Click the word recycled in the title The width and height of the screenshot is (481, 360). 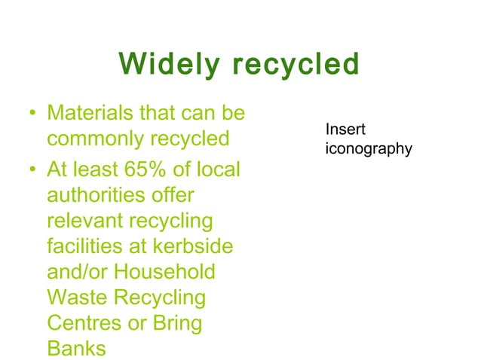coord(296,65)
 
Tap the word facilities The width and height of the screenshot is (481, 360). coord(84,247)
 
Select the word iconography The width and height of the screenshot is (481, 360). coord(368,148)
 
